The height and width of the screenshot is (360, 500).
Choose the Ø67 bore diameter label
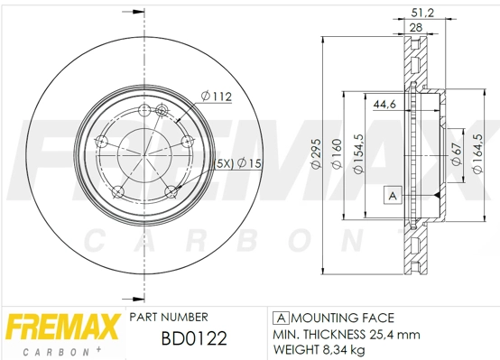point(456,154)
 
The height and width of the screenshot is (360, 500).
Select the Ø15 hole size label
point(249,162)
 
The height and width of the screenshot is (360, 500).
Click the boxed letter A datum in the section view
point(392,195)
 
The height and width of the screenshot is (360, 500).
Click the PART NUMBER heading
point(169,317)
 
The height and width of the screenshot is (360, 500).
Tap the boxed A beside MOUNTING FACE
point(280,318)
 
